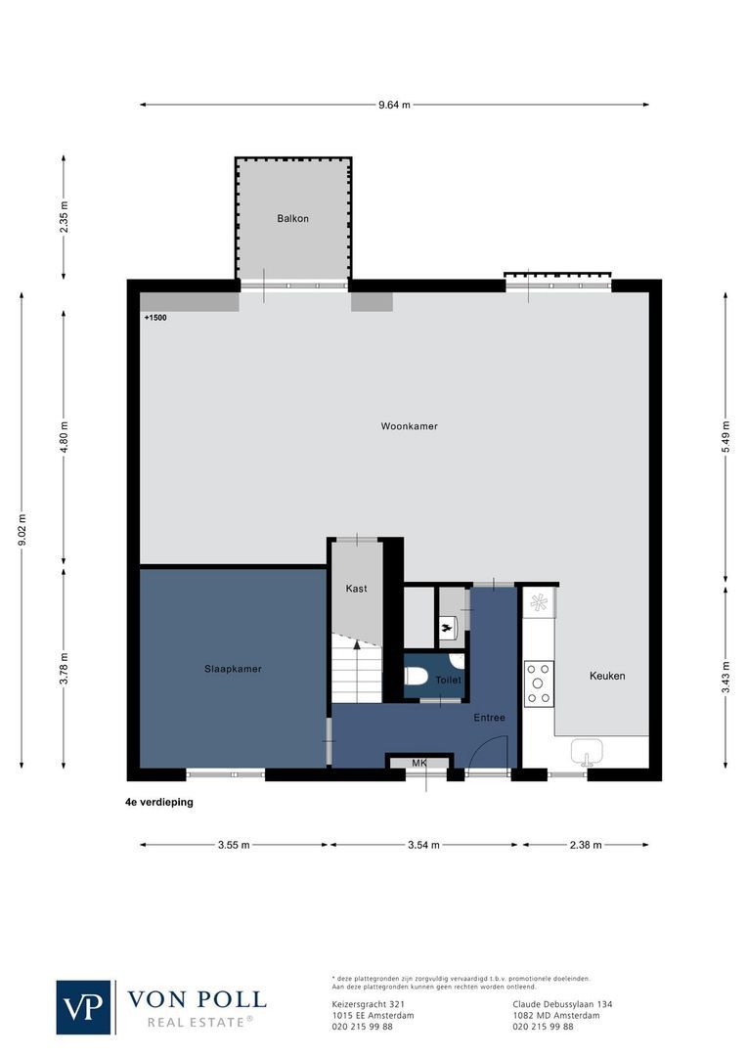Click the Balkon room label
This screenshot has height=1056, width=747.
(292, 218)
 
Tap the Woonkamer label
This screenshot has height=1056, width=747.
(410, 426)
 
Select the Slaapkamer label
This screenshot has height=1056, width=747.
(233, 669)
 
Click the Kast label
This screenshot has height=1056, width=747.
(356, 589)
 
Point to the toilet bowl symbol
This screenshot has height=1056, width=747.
(416, 676)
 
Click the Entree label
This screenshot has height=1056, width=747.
(489, 718)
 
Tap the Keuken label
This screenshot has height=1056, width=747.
(606, 676)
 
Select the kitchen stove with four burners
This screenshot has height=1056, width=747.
(539, 683)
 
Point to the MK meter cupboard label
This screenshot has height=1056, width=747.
(418, 763)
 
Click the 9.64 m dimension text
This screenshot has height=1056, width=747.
(394, 105)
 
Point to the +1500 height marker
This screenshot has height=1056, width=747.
(155, 318)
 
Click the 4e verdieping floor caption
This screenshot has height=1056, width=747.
(153, 801)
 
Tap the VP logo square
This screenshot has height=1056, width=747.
(84, 1006)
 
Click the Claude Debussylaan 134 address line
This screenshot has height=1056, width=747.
(562, 1004)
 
